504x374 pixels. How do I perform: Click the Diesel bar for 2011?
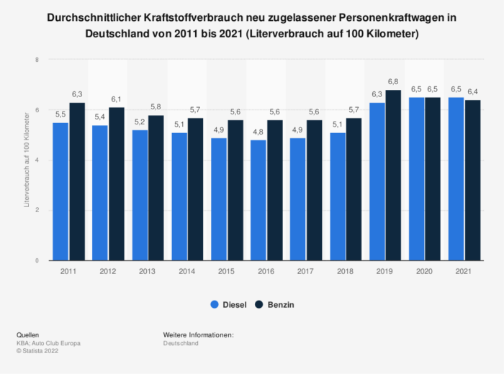tap(60, 191)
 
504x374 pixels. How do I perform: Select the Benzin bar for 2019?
tap(393, 175)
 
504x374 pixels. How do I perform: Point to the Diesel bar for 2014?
tap(179, 196)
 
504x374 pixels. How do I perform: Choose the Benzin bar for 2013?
tap(156, 188)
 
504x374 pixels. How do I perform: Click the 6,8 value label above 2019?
tap(393, 82)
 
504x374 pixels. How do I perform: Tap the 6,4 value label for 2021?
tap(472, 92)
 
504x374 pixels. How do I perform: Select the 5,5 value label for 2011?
tap(60, 115)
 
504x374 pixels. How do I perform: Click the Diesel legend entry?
tap(228, 305)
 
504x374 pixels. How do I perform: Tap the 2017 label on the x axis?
tap(306, 272)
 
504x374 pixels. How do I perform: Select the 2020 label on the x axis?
tap(425, 272)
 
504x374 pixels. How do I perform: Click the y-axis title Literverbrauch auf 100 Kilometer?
tap(26, 160)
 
